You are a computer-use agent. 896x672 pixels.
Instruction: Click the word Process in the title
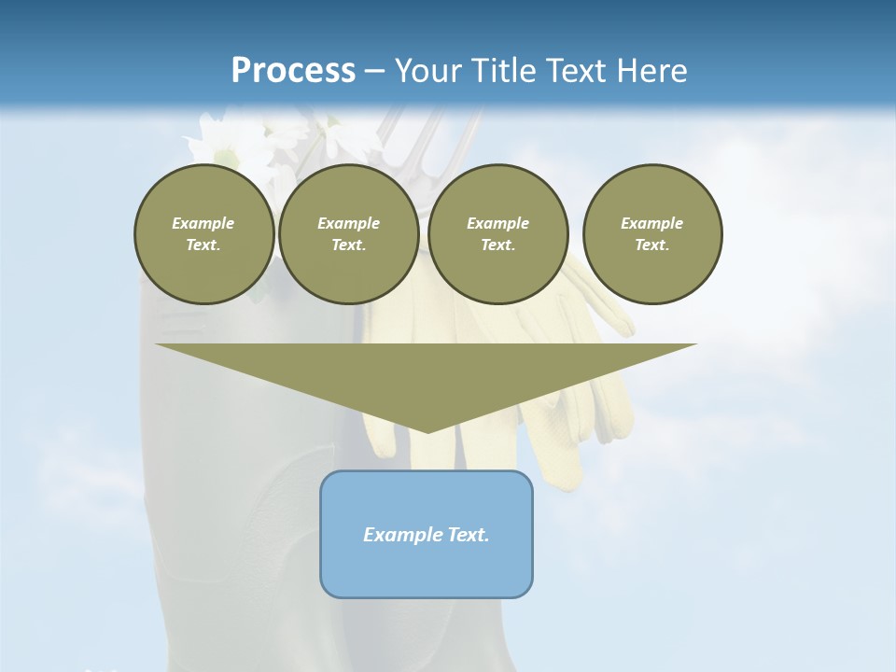pos(293,70)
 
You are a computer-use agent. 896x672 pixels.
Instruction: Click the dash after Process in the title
pos(374,72)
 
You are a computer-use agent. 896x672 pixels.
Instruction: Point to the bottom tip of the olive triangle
pos(427,430)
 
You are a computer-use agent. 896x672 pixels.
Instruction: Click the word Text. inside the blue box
pos(469,535)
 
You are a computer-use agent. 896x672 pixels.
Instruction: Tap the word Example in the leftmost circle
pos(203,223)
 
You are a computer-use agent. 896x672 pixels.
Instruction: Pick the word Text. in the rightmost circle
pos(652,245)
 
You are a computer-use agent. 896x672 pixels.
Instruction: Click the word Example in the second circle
pos(348,223)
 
